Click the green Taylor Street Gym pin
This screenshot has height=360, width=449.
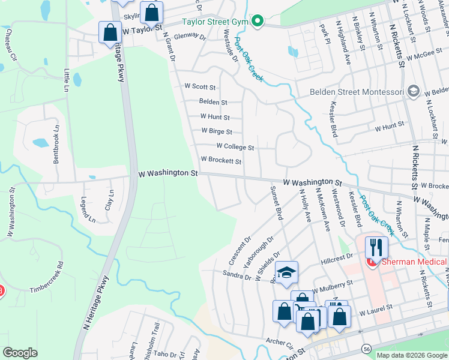(x=258, y=22)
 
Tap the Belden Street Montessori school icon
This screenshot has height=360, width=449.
(x=413, y=91)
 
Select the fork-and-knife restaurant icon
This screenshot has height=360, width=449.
(x=376, y=247)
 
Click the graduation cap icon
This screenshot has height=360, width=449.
(x=287, y=272)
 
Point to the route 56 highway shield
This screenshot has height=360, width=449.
(x=366, y=349)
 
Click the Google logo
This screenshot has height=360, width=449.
(x=20, y=353)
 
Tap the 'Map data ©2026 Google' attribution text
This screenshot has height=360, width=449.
(x=411, y=355)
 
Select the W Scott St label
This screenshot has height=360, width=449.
(x=200, y=86)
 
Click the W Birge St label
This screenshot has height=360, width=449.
(x=217, y=131)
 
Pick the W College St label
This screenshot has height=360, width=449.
(x=235, y=146)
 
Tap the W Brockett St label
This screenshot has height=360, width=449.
(x=221, y=161)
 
